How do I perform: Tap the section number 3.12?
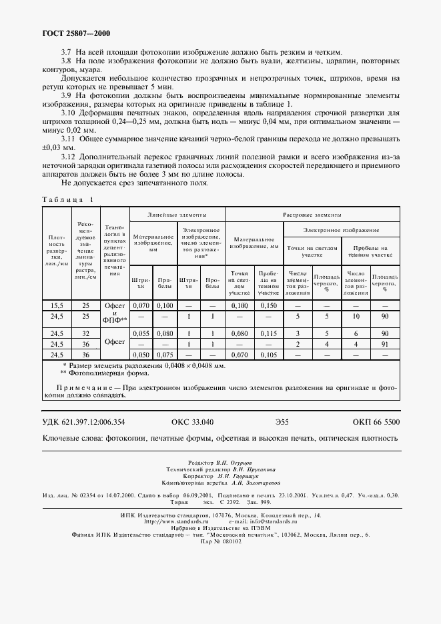69,155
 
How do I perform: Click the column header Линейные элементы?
177,215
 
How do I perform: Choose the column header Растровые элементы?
312,215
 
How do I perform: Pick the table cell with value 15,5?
57,305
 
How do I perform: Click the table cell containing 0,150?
268,305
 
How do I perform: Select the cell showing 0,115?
268,333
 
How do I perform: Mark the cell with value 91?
384,344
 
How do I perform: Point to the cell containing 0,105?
268,355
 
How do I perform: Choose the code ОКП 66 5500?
376,422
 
